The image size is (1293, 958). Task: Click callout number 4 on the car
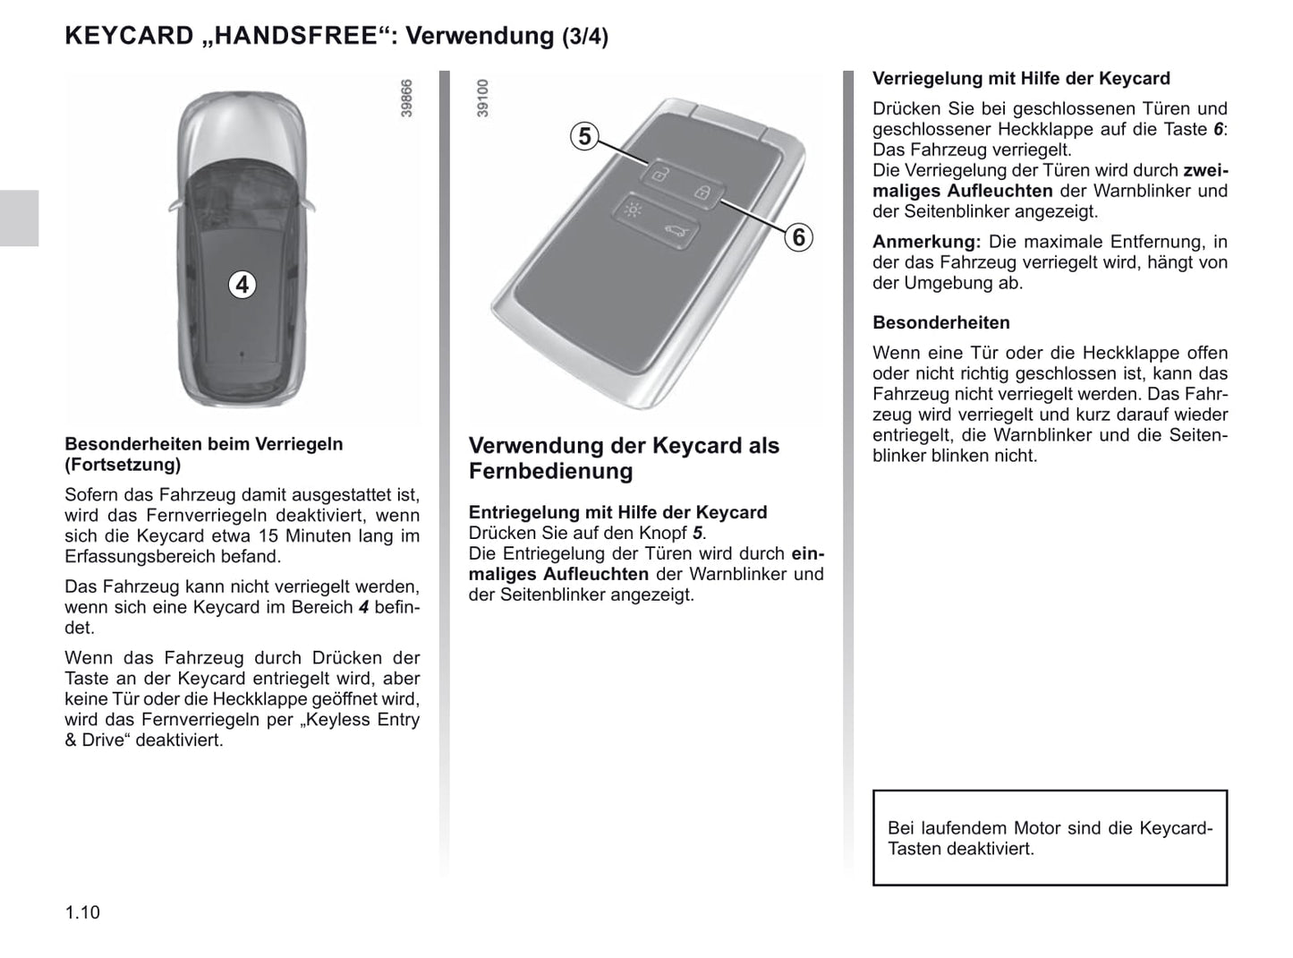pos(242,285)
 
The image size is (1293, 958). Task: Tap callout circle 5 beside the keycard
pos(584,136)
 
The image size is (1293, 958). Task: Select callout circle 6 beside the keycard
pos(798,237)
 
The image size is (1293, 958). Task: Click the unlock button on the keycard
pos(659,174)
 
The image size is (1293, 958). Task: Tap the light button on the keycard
pos(633,211)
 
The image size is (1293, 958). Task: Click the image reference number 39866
pos(407,98)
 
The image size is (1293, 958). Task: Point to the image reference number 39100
pos(483,98)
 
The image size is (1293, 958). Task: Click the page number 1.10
pos(82,912)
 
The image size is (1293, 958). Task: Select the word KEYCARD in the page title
pos(129,36)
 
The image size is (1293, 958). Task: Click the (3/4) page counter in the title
pos(585,37)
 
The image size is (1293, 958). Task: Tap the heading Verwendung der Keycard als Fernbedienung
pos(624,458)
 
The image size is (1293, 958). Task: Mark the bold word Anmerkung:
pos(926,242)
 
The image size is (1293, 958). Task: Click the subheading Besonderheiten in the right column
pos(940,323)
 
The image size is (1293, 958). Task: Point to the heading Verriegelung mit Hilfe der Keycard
pos(1021,79)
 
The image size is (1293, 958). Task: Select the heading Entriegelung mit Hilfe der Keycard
pos(617,513)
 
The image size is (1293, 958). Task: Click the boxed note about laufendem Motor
pos(1050,838)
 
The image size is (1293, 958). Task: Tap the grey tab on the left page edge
pos(19,218)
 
